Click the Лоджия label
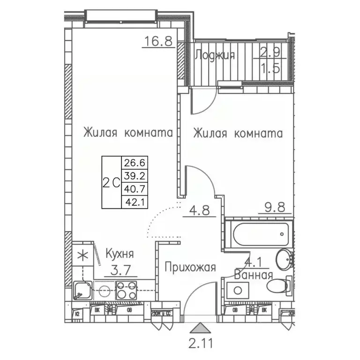pyautogui.click(x=214, y=55)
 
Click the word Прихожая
pyautogui.click(x=190, y=268)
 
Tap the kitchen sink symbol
pyautogui.click(x=83, y=290)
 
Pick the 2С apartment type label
pyautogui.click(x=111, y=182)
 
